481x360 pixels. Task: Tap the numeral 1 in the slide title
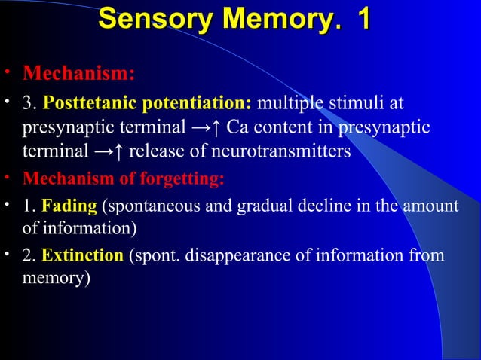point(363,20)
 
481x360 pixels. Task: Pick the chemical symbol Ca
point(237,127)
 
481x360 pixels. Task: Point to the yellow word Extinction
point(82,256)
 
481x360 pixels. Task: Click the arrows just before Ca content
point(205,127)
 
